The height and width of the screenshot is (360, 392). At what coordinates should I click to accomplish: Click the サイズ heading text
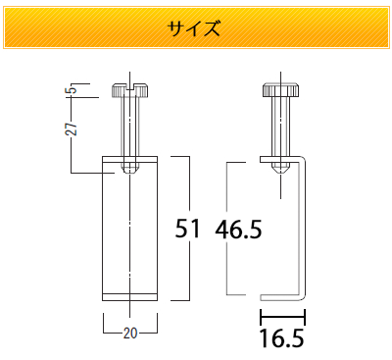[194, 28]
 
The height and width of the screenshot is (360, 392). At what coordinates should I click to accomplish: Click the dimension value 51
[187, 229]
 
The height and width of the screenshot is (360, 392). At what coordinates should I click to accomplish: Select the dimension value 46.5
[238, 230]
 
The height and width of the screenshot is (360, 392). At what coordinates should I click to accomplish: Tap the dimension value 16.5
[282, 338]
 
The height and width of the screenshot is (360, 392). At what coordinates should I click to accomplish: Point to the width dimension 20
[130, 334]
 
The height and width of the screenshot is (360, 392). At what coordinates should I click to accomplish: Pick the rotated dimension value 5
[73, 88]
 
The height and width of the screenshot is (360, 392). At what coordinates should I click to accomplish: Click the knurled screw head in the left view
[130, 90]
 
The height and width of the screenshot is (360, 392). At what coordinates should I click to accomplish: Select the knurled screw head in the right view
[280, 90]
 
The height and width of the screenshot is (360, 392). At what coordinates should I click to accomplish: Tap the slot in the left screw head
[130, 86]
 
